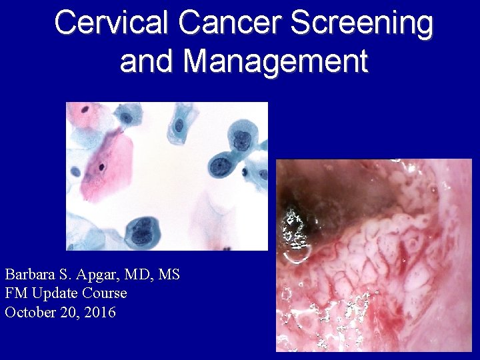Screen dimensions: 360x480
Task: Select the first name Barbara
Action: (x=28, y=274)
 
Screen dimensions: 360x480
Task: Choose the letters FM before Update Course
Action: (x=14, y=293)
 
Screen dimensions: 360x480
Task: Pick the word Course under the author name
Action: (x=103, y=293)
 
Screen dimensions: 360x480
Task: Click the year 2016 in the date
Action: (x=100, y=311)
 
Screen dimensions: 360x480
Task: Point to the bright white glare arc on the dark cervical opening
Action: (x=292, y=230)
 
